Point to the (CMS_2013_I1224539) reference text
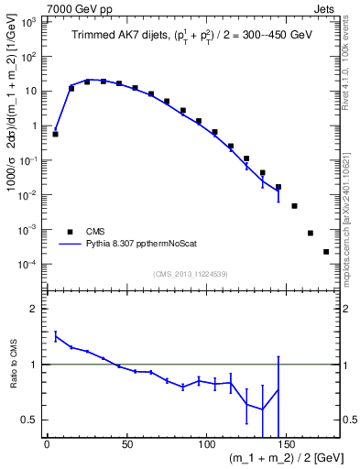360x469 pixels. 189,274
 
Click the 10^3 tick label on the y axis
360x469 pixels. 28,21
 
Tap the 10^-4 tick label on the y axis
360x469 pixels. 28,265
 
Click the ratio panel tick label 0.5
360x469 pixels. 30,420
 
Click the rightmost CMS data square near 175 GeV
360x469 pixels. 326,251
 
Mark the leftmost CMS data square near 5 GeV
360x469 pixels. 55,134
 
